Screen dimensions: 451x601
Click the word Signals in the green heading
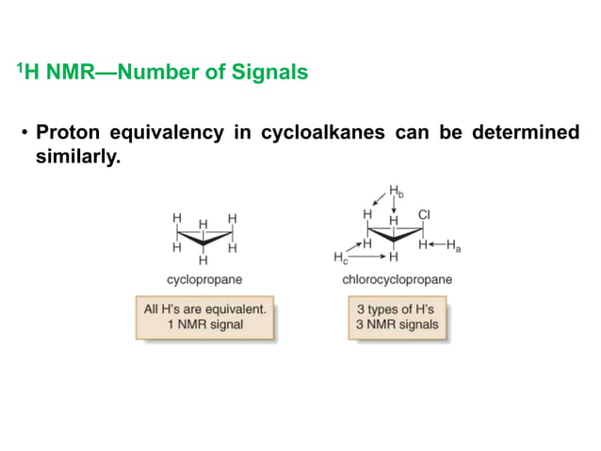271,72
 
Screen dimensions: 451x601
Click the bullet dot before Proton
25,133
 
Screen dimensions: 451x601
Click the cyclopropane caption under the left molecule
204,280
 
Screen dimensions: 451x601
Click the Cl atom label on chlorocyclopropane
424,215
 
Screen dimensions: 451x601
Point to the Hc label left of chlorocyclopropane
340,257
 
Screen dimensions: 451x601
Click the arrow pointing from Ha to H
437,245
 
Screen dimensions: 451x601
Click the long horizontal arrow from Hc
367,256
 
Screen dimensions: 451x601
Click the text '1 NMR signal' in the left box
204,325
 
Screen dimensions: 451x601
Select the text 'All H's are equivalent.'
204,309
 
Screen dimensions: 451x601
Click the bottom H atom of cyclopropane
203,260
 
